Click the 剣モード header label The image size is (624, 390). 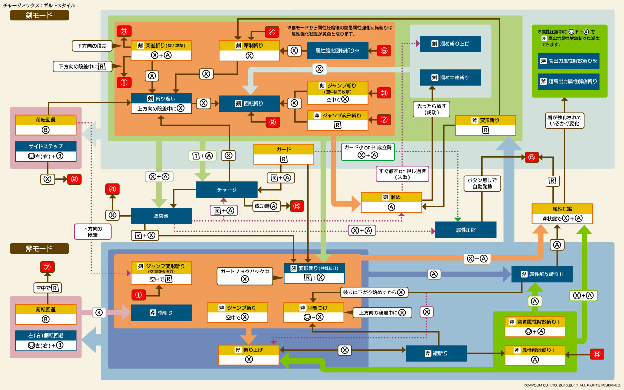[x=39, y=15]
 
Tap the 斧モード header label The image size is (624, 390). [x=39, y=249]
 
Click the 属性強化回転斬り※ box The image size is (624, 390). [x=337, y=50]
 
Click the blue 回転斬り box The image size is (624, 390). [x=249, y=103]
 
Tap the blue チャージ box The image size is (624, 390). [x=227, y=190]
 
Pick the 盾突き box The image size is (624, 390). [x=161, y=215]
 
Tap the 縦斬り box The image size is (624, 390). [x=436, y=353]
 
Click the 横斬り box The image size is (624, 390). [x=161, y=312]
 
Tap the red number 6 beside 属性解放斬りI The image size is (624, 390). [x=597, y=354]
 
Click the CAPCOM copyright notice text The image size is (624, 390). [x=572, y=385]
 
